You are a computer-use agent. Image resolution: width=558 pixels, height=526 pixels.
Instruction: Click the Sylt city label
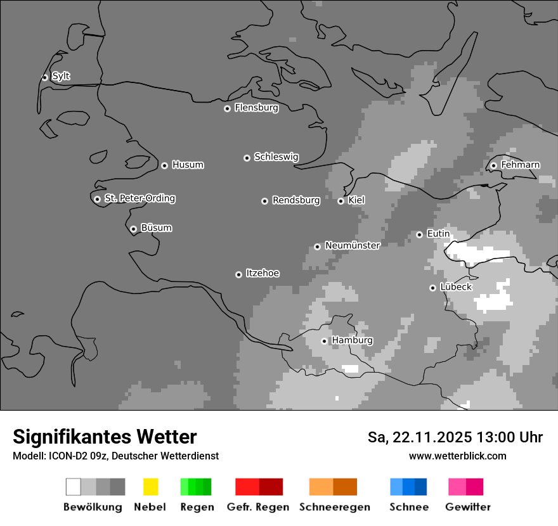(x=61, y=76)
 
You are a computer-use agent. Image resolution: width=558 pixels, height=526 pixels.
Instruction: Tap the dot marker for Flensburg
(x=227, y=108)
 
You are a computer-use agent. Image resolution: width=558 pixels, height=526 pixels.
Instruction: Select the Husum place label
(x=188, y=165)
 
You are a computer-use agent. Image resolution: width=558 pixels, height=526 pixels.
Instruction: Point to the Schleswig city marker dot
(x=247, y=158)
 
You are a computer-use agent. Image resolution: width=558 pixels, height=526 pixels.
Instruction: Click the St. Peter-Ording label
(x=139, y=198)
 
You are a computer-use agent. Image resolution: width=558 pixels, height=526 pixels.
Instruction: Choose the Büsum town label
(x=156, y=228)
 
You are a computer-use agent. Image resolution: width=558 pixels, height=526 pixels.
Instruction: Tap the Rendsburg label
(x=296, y=200)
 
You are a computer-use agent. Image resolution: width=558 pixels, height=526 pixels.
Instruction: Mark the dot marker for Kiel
(x=341, y=201)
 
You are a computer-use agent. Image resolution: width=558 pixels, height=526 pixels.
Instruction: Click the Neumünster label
(x=352, y=245)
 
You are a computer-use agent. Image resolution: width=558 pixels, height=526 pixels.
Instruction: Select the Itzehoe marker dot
(x=238, y=274)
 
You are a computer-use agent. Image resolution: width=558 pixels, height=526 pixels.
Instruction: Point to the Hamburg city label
(x=352, y=340)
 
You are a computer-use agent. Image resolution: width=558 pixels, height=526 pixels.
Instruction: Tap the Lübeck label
(x=456, y=286)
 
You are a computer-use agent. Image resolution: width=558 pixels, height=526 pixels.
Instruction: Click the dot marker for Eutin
(x=419, y=234)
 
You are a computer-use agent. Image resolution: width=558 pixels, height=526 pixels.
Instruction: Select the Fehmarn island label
(x=520, y=165)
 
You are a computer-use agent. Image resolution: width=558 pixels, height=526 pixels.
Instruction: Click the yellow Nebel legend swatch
(x=150, y=487)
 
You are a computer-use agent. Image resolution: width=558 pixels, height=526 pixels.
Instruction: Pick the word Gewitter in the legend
(x=467, y=507)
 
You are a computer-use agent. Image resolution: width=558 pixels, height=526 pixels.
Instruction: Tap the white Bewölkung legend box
(x=73, y=487)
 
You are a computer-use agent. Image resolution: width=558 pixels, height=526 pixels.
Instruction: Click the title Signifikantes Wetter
(x=105, y=437)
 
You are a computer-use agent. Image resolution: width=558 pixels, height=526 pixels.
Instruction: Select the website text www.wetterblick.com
(x=457, y=456)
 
